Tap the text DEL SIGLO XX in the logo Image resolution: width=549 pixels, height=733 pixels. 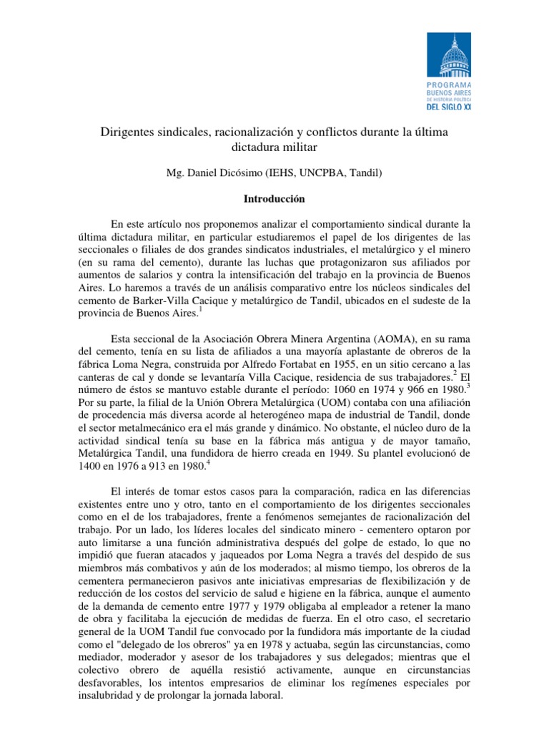449,106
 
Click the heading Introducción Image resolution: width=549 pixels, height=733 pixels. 274,197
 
